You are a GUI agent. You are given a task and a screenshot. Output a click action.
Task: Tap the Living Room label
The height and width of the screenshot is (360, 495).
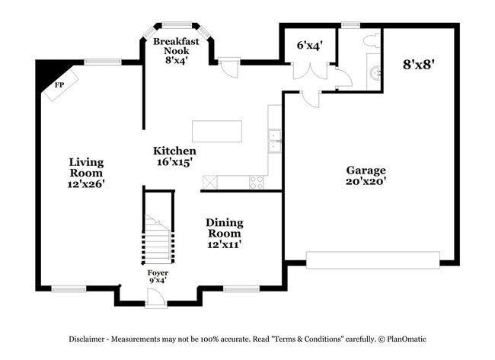click(x=86, y=173)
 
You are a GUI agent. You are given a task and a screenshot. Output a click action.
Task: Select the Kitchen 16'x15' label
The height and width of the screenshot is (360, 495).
click(x=174, y=156)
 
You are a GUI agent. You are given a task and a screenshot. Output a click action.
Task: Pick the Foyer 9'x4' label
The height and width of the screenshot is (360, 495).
click(x=157, y=276)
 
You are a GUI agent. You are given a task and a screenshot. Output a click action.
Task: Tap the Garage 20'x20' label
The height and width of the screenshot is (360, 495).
click(x=366, y=176)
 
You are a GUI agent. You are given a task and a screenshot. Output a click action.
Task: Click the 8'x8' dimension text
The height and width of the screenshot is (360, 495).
click(x=419, y=65)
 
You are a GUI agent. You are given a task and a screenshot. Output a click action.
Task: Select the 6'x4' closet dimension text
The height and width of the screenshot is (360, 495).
click(x=309, y=45)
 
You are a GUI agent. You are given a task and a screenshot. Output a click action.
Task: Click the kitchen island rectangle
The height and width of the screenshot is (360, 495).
click(x=217, y=131)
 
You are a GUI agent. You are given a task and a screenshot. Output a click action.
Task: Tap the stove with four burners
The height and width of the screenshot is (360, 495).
click(x=257, y=183)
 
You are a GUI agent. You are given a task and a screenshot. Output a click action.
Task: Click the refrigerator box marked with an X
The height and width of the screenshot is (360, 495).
click(x=209, y=183)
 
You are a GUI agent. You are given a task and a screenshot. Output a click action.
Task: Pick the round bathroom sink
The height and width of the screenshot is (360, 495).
click(x=373, y=74)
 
